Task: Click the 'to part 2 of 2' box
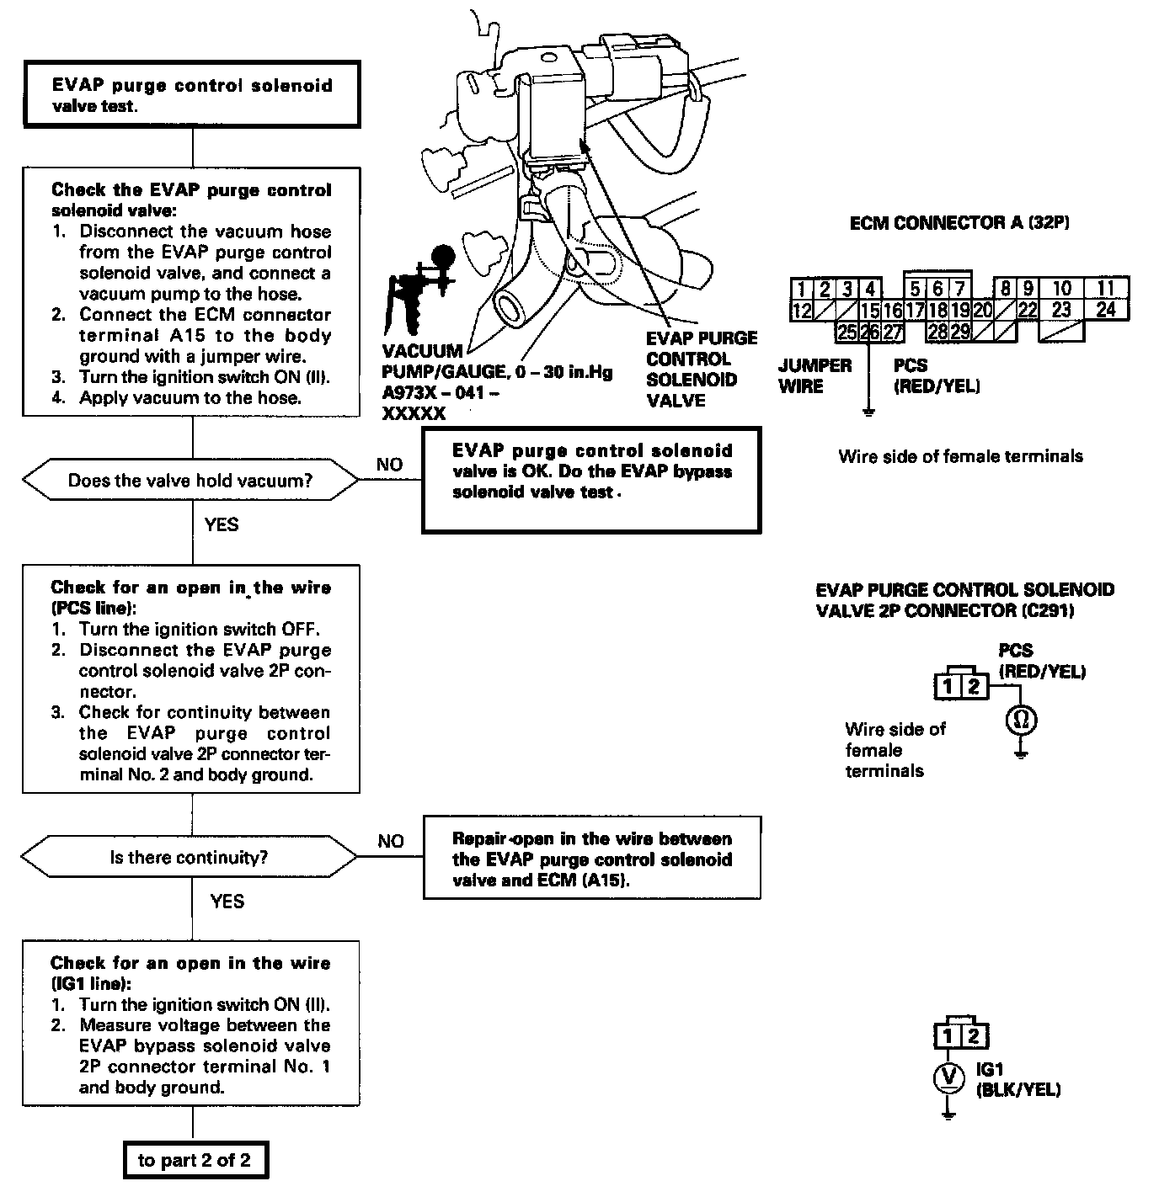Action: click(x=194, y=1161)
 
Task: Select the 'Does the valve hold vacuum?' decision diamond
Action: click(x=190, y=481)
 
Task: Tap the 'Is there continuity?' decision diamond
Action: click(x=190, y=858)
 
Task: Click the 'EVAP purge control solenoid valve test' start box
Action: click(x=192, y=96)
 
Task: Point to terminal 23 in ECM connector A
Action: click(x=1061, y=311)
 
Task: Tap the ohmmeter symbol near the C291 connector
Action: click(x=1021, y=720)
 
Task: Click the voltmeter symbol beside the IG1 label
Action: click(x=949, y=1077)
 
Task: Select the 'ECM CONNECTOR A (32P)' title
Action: click(x=959, y=223)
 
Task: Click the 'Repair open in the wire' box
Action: click(x=591, y=859)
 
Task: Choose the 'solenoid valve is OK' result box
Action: click(x=591, y=480)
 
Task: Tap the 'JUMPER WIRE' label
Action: click(x=815, y=375)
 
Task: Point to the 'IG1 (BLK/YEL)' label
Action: click(x=1017, y=1080)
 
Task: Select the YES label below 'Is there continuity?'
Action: click(x=227, y=902)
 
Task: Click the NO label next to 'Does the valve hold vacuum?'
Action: click(x=389, y=465)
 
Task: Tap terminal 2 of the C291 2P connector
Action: click(x=974, y=687)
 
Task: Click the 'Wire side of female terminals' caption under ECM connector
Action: click(x=960, y=456)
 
